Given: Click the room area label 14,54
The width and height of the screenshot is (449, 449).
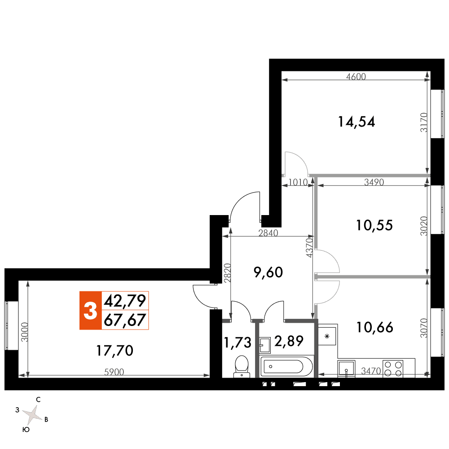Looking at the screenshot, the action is (357, 122).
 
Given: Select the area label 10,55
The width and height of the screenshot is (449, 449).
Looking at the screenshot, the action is (374, 225).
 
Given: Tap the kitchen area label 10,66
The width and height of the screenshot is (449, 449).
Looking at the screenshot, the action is (374, 327).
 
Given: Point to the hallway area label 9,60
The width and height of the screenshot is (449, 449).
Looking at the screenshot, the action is (269, 273).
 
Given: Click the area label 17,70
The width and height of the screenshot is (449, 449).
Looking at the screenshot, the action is (114, 351).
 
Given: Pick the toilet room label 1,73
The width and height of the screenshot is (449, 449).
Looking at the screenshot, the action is (238, 343).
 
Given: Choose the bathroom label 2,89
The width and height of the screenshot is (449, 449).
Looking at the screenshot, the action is (289, 341).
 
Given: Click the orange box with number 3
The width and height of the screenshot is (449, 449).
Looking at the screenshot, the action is (91, 310).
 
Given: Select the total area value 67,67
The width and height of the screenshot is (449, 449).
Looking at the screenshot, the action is (125, 320).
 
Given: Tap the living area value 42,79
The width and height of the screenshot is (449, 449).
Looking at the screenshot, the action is (125, 301).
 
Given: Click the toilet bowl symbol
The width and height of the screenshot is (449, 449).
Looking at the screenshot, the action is (242, 366).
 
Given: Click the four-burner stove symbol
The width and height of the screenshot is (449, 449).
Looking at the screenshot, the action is (393, 369).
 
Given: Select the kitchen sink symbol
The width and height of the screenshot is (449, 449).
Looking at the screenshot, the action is (347, 368).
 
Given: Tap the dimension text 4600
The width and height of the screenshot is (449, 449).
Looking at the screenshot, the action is (356, 76).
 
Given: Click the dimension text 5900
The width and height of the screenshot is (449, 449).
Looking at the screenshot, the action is (114, 372).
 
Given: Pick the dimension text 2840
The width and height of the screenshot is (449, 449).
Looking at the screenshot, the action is (268, 233).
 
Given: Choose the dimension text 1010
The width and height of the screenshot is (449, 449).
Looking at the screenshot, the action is (298, 182).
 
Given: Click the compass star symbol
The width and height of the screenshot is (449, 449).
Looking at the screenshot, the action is (32, 414).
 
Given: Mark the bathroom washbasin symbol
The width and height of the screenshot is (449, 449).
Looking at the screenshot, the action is (264, 345).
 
